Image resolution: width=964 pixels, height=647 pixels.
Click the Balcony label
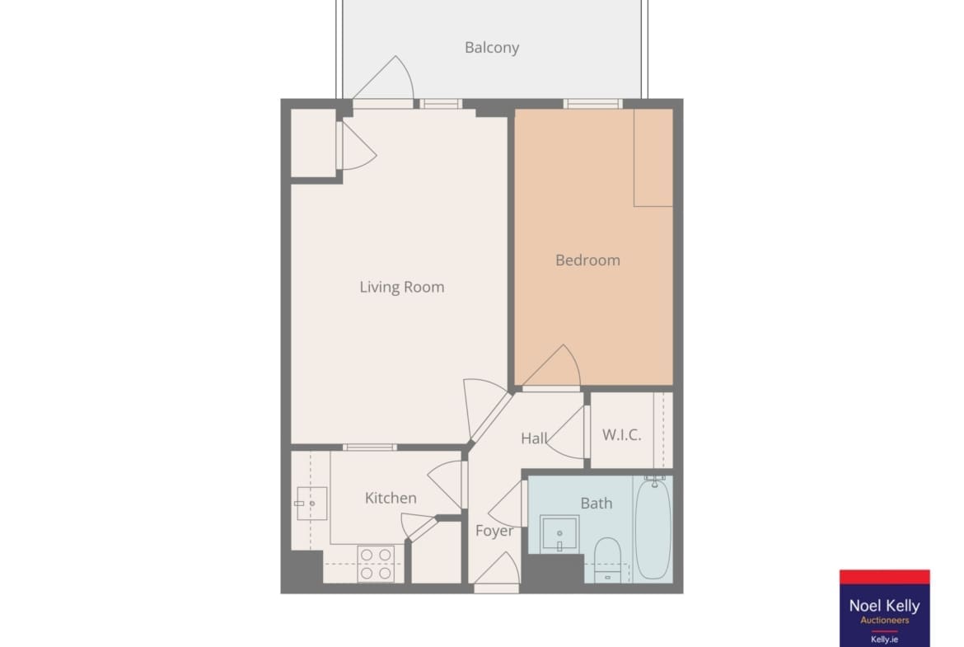click(x=492, y=47)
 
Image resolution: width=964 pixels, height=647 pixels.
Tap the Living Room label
click(x=402, y=287)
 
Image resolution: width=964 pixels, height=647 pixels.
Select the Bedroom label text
click(x=587, y=260)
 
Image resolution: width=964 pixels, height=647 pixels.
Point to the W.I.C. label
click(x=621, y=435)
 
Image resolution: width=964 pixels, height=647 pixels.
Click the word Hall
click(x=534, y=438)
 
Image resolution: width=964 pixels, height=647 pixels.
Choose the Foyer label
click(x=494, y=531)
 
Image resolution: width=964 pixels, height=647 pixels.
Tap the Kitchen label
click(x=391, y=498)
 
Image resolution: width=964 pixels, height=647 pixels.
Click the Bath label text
click(x=597, y=503)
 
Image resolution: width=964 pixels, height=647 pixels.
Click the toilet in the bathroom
click(x=608, y=559)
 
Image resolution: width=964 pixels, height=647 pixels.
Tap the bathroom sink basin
click(x=559, y=534)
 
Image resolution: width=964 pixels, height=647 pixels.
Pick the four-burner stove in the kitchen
click(x=376, y=564)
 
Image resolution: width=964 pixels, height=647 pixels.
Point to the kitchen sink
click(x=311, y=503)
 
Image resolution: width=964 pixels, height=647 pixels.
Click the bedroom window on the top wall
click(x=592, y=104)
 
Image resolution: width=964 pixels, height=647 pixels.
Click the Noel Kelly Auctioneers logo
click(x=885, y=607)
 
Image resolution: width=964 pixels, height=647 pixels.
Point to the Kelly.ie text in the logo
click(x=884, y=639)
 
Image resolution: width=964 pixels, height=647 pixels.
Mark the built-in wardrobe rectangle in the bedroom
click(x=653, y=157)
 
